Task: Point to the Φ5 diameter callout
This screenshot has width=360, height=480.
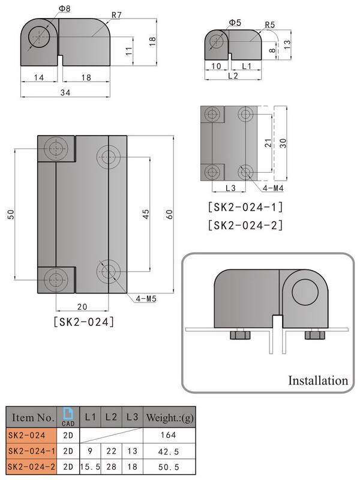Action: pos(235,23)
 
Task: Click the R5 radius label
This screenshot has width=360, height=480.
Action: pos(270,26)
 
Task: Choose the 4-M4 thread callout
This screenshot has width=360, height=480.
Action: pos(273,187)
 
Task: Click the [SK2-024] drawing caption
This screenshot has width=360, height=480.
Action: pos(84,321)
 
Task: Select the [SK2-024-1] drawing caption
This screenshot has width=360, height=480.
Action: pos(245,208)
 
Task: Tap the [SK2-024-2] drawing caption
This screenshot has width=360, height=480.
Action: pos(245,226)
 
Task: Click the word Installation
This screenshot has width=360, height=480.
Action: pos(318,380)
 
